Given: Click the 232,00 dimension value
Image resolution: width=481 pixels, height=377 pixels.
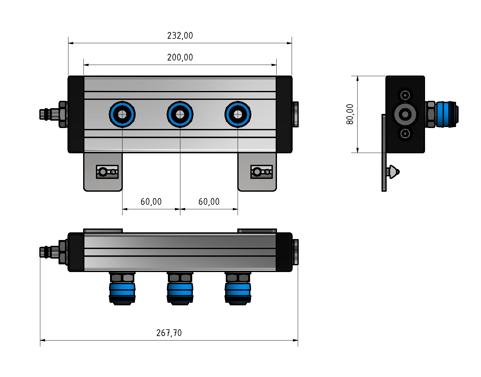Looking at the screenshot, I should [180, 36].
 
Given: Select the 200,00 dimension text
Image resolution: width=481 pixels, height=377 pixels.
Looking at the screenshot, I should [180, 58].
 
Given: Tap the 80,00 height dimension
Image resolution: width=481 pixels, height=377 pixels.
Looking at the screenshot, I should [350, 114].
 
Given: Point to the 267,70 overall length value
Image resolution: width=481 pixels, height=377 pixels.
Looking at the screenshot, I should [169, 333].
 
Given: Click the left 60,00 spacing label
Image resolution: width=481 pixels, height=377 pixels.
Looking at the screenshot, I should [151, 202].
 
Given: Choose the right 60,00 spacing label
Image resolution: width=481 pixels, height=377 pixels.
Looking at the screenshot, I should [209, 202].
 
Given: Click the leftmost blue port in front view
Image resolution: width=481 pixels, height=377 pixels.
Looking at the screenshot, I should [122, 114].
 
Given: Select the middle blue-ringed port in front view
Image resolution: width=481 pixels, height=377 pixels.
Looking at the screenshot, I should [180, 114].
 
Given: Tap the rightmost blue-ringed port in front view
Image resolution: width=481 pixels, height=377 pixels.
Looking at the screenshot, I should [238, 114].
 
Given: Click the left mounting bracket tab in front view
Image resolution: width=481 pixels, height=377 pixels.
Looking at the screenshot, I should [103, 173].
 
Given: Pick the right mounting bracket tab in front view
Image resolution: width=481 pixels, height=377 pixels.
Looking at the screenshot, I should [257, 173].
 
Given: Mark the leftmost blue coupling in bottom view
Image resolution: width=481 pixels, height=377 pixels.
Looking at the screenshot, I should [122, 290].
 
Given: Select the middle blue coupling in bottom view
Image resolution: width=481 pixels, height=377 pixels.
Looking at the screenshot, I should [180, 290].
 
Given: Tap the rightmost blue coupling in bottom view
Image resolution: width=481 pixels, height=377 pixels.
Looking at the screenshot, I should [238, 290].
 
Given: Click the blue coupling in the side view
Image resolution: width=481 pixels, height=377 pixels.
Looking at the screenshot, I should [446, 114].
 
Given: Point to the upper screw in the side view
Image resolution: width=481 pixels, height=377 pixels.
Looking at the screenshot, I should [405, 95].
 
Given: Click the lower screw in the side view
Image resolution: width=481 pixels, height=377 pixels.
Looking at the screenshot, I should [405, 133].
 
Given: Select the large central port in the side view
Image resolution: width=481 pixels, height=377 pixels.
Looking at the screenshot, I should [405, 114].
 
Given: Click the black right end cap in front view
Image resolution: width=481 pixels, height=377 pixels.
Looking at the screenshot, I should [284, 114].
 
